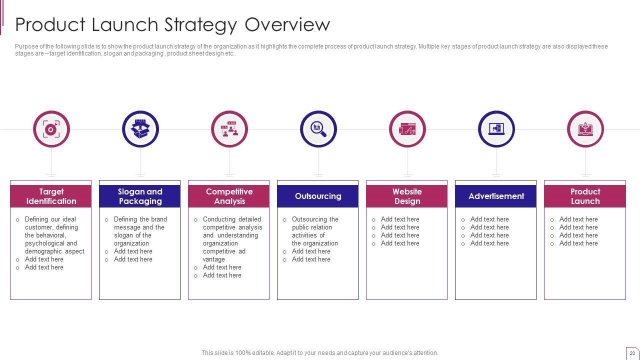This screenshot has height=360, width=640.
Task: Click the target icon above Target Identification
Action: (x=51, y=129)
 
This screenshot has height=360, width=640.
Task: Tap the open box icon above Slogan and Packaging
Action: (x=140, y=129)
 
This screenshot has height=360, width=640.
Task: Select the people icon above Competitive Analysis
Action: (x=229, y=129)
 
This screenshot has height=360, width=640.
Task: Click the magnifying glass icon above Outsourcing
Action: (x=318, y=129)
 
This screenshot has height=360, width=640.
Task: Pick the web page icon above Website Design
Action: (x=407, y=129)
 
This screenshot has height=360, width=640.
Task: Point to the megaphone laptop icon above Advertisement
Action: (x=496, y=129)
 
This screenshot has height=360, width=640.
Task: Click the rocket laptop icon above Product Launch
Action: (x=585, y=129)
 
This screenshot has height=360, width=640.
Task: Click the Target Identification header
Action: (x=51, y=196)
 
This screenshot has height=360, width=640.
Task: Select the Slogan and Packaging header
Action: (x=139, y=196)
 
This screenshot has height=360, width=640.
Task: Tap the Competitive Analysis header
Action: (x=229, y=196)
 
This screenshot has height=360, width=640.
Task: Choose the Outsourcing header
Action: (x=317, y=196)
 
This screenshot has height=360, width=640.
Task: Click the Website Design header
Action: (x=407, y=196)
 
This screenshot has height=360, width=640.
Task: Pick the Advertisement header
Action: (x=495, y=196)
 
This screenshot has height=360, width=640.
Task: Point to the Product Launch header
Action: (x=585, y=196)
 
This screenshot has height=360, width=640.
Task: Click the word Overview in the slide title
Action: (x=287, y=24)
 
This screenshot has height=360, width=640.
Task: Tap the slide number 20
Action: (x=632, y=353)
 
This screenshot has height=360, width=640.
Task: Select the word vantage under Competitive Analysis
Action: (x=213, y=259)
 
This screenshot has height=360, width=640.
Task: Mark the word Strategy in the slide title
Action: (x=201, y=25)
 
